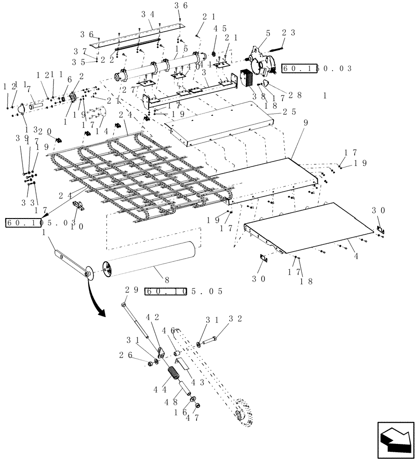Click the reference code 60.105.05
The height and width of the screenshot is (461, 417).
(184, 291)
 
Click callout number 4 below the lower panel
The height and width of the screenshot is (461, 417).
(356, 254)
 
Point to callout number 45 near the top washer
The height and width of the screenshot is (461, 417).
(219, 28)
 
